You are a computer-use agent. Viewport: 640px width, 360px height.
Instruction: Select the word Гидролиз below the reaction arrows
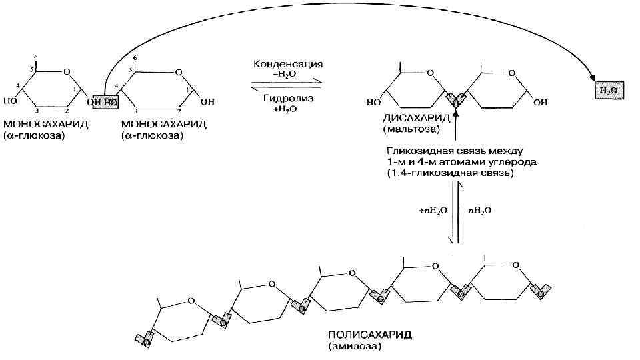point(288,98)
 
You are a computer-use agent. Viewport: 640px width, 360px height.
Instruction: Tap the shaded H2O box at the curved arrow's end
point(607,89)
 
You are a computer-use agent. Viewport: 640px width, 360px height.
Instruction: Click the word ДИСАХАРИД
point(413,118)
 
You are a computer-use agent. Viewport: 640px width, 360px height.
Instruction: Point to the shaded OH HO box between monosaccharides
point(105,102)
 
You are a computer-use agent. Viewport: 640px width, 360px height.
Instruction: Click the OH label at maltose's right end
point(541,103)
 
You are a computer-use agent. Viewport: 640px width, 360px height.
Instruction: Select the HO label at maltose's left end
point(373,103)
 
